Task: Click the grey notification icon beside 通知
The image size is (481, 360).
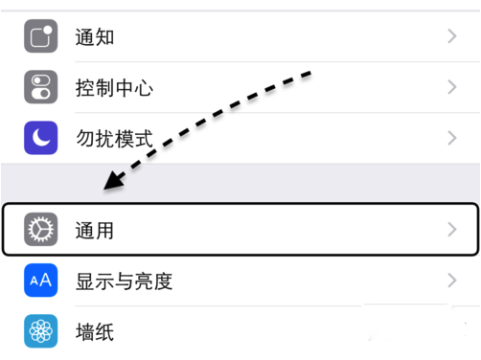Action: pos(41,37)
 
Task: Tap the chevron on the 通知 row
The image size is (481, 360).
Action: pos(452,37)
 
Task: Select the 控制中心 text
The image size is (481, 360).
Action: pos(114,88)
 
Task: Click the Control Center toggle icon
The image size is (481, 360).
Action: pos(41,88)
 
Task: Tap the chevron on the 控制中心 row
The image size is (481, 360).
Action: pos(452,88)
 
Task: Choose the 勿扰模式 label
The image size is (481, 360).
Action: pos(114,138)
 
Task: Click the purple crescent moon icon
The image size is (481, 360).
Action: pos(41,138)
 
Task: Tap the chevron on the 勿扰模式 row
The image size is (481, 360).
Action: pos(452,138)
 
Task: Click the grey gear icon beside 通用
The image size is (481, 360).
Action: pos(41,230)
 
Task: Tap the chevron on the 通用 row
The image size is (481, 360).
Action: pos(452,230)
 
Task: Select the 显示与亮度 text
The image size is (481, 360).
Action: pos(124,281)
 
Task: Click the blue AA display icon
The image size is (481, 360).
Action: pos(41,281)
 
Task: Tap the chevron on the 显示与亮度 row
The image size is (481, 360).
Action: pos(452,281)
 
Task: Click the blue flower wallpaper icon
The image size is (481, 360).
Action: pos(41,332)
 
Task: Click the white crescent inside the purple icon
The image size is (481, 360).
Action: pos(40,138)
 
